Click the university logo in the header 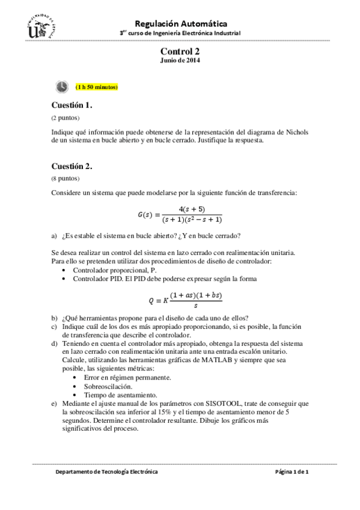41,26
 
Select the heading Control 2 180,52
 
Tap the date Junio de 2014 180,61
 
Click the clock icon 62,87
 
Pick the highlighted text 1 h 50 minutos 97,88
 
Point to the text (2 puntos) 65,117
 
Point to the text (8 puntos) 65,179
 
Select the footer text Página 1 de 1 291,472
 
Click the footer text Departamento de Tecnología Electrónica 106,472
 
